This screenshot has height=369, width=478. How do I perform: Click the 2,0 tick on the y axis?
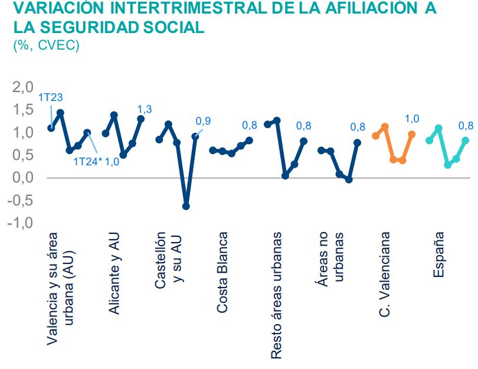21,87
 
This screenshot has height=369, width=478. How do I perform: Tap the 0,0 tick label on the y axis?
21,178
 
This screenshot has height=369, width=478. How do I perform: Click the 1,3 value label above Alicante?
145,109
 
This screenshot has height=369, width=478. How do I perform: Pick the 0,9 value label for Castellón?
203,121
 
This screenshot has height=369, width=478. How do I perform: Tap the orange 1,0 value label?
412,119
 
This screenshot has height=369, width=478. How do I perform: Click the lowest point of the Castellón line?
186,206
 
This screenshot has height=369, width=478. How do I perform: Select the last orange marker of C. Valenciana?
412,135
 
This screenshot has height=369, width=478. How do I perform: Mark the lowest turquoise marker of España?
448,165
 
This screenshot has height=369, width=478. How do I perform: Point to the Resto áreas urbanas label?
276,295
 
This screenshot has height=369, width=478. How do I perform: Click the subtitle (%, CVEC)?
46,45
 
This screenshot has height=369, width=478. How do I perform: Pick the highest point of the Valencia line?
60,112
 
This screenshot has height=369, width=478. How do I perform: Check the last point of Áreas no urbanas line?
357,142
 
